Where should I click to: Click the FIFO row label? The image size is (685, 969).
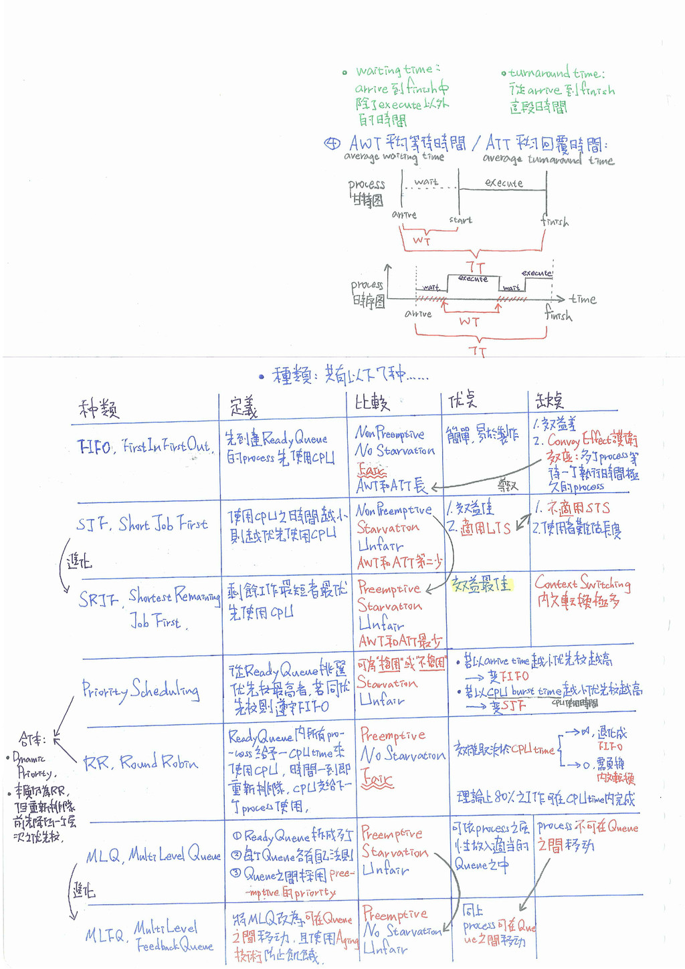tap(144, 446)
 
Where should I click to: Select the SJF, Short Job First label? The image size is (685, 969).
tap(142, 524)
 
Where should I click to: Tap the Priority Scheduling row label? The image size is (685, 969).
tap(140, 689)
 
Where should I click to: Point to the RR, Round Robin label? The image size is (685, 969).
tap(140, 762)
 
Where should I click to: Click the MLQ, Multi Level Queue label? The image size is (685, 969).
tap(153, 855)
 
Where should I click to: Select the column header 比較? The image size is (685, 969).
tap(371, 402)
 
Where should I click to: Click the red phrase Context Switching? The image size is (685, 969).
tap(582, 583)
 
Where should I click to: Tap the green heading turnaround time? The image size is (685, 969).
tap(555, 74)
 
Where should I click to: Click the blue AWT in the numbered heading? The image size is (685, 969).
tap(365, 143)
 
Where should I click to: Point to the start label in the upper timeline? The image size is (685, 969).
tap(460, 219)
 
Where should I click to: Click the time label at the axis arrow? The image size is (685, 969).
tap(583, 299)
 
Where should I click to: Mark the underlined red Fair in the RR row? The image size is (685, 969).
tap(377, 779)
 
